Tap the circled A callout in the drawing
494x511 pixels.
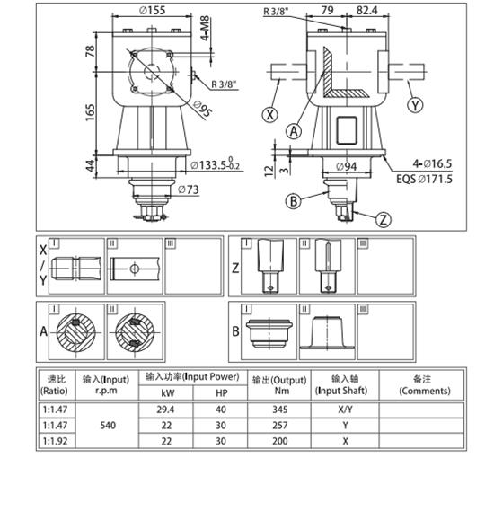[294, 132]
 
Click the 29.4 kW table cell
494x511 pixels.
[165, 409]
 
